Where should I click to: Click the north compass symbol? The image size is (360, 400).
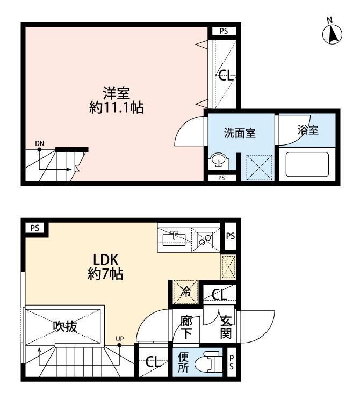(332, 32)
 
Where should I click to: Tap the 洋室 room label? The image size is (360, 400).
(117, 93)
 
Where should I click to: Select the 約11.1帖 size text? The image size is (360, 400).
(117, 107)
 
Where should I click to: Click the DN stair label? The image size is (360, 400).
(40, 143)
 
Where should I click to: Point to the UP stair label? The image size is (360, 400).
(119, 339)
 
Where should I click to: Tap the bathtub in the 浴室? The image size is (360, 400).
(307, 164)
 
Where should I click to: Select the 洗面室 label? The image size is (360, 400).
(240, 133)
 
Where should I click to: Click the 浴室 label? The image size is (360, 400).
(308, 130)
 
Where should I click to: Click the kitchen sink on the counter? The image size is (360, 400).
(174, 238)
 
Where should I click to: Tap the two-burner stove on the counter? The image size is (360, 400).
(205, 240)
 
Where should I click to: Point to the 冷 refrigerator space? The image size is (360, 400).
(185, 292)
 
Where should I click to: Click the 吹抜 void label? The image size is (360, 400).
(65, 326)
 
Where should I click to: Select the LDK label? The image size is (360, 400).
(105, 260)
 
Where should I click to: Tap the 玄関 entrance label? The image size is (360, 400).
(226, 328)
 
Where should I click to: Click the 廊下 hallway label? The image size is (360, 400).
(186, 328)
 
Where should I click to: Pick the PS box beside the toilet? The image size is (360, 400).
(232, 362)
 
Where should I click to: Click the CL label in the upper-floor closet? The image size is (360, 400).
(226, 76)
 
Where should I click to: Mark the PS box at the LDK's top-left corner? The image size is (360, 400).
(35, 228)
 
